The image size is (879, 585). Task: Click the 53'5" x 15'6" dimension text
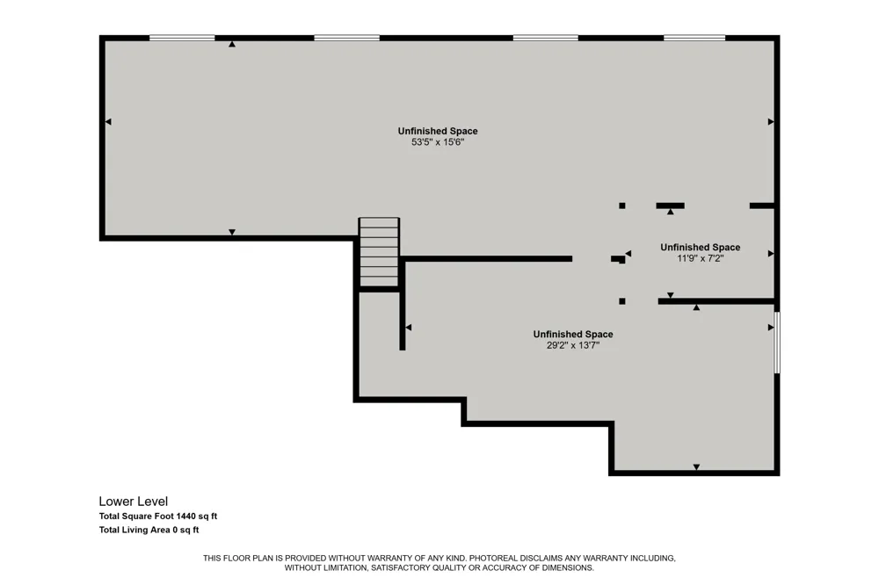(x=438, y=142)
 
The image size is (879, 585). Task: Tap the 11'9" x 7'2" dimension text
(x=701, y=258)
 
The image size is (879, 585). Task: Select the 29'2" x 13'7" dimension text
(x=573, y=345)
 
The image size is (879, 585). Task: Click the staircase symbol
(x=379, y=252)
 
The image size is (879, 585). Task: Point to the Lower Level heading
(x=134, y=502)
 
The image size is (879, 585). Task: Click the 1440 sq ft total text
(x=197, y=516)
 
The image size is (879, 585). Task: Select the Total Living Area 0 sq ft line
(x=149, y=530)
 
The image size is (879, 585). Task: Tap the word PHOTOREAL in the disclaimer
(x=493, y=558)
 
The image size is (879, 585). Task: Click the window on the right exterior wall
(x=777, y=343)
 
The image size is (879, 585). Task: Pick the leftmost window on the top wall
(x=182, y=38)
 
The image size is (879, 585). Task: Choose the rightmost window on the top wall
(x=694, y=38)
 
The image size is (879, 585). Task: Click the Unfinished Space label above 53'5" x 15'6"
(x=438, y=131)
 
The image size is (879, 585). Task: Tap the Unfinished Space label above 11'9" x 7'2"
(x=701, y=247)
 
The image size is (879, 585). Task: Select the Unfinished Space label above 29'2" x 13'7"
(x=573, y=334)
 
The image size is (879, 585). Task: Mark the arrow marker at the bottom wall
(x=696, y=466)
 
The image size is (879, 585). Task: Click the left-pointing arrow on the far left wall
(x=108, y=121)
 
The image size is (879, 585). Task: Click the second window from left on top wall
(x=346, y=38)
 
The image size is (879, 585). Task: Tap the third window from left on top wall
(x=546, y=38)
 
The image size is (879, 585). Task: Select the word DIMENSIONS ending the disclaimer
(x=569, y=567)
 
